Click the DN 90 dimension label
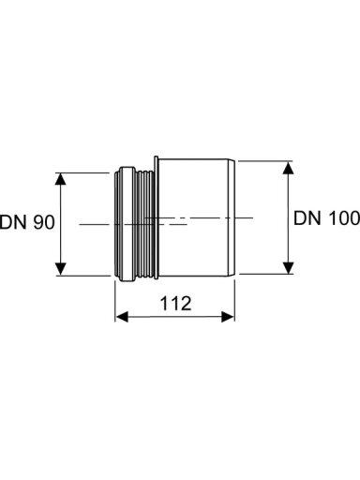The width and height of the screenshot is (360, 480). (27, 222)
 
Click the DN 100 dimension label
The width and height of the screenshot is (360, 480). (326, 217)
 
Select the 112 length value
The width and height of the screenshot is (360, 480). (175, 304)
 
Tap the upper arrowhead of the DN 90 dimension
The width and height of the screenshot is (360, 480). (61, 179)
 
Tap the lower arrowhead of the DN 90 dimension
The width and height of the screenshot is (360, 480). (61, 269)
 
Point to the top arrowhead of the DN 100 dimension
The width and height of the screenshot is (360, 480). (288, 168)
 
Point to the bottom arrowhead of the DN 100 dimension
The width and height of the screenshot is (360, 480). (288, 267)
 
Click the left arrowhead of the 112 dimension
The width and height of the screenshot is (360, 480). (122, 317)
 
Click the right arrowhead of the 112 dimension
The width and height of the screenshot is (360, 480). (228, 317)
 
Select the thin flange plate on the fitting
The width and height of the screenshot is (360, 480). (157, 217)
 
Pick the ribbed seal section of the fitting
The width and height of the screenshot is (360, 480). (145, 224)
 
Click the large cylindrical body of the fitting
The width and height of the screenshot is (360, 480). (193, 217)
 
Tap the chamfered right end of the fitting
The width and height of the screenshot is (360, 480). (232, 217)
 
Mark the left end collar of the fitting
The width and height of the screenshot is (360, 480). (126, 224)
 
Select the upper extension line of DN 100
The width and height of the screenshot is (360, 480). (265, 161)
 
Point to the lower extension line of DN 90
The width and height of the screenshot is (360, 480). (82, 276)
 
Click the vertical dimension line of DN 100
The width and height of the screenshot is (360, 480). (288, 217)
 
